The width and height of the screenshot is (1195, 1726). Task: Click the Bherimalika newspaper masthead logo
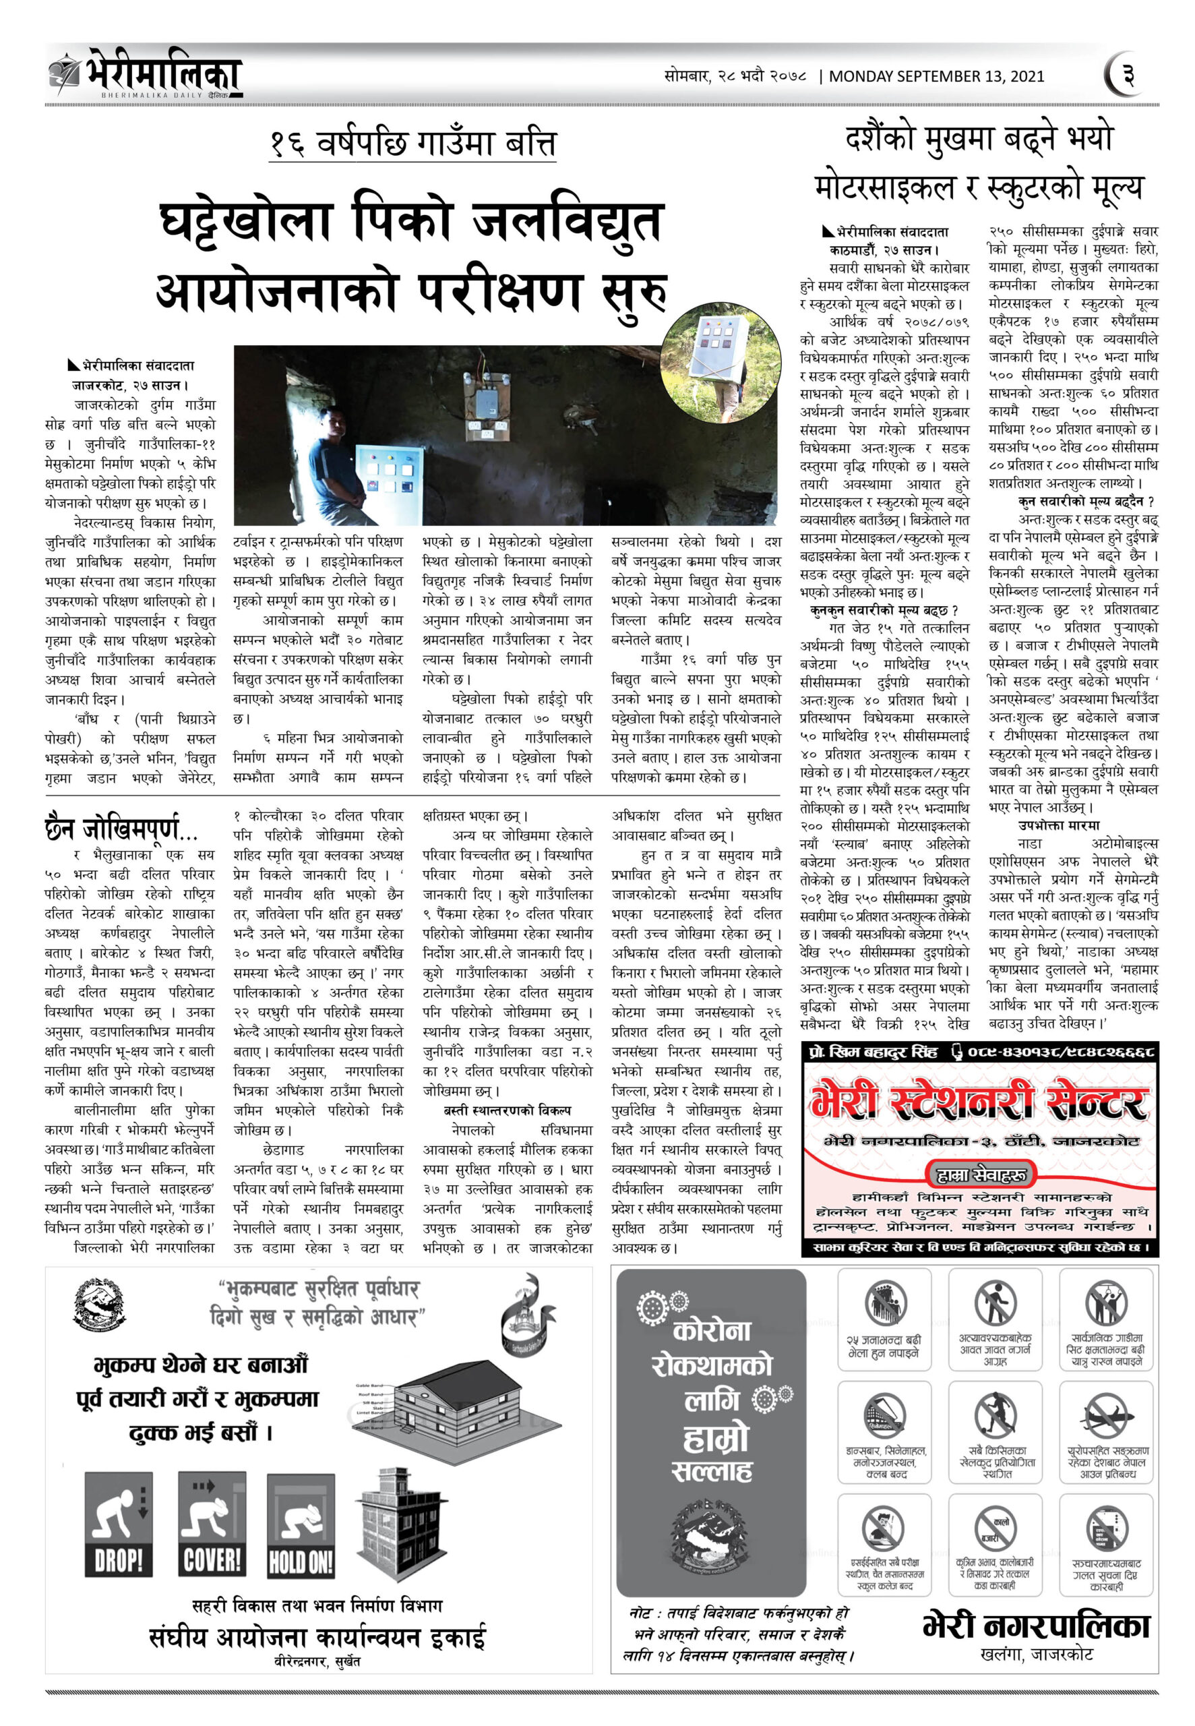146,73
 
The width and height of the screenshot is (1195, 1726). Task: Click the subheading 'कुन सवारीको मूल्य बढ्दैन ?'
1085,501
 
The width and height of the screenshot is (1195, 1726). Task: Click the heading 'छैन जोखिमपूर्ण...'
121,829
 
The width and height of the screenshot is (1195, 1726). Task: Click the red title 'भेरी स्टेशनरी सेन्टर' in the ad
979,1102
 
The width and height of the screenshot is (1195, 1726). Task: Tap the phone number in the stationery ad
1061,1052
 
